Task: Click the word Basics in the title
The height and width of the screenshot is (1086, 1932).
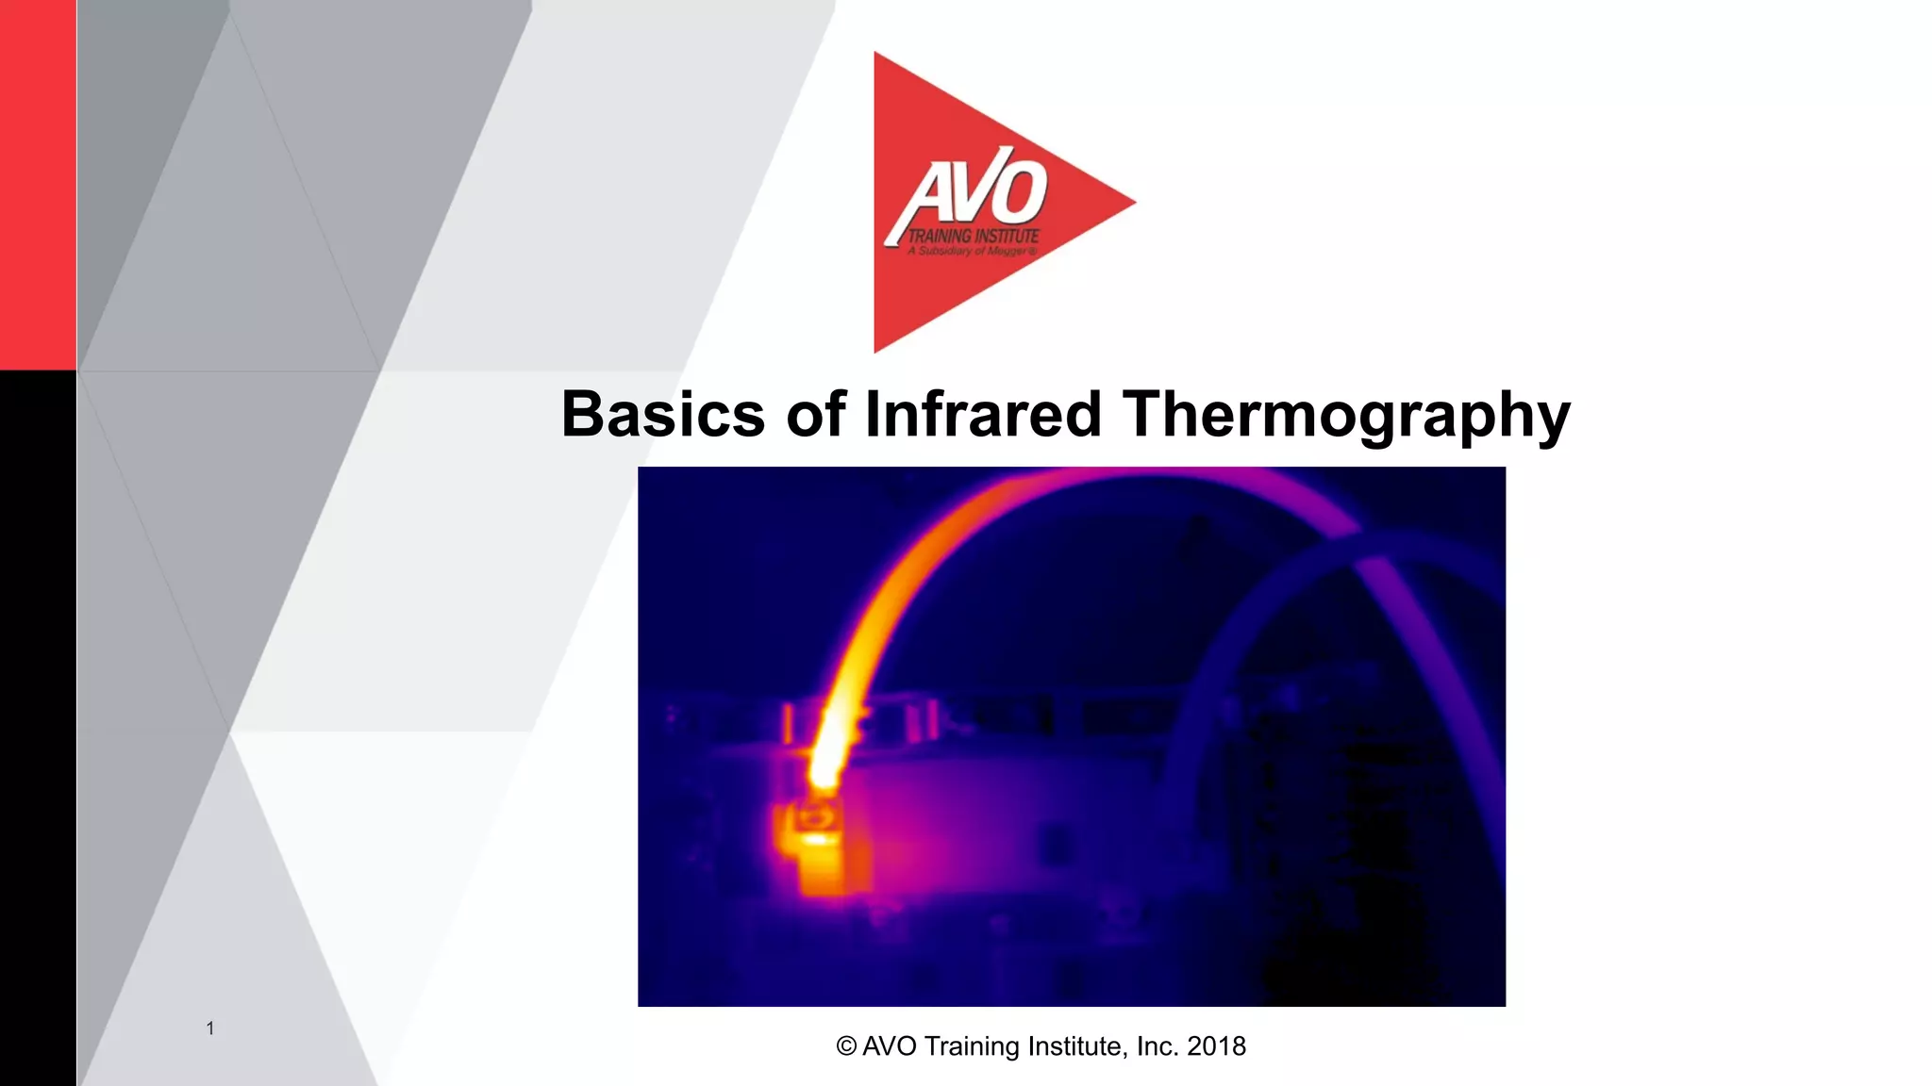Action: pyautogui.click(x=662, y=415)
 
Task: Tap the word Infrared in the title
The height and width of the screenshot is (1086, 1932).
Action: pyautogui.click(x=983, y=415)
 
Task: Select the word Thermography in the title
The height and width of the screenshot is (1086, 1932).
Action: pyautogui.click(x=1345, y=417)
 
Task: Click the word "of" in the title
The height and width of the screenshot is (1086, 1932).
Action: pyautogui.click(x=815, y=415)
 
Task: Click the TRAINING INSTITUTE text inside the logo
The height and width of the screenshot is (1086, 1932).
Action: pyautogui.click(x=972, y=236)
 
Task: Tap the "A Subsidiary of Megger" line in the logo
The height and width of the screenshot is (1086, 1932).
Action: pyautogui.click(x=972, y=252)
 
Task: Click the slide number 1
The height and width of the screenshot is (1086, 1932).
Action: pyautogui.click(x=210, y=1028)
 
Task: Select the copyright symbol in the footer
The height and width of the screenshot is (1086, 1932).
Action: pyautogui.click(x=846, y=1046)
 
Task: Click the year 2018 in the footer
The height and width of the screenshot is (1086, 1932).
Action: pyautogui.click(x=1216, y=1046)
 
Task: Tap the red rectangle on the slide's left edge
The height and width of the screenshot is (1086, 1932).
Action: pyautogui.click(x=38, y=184)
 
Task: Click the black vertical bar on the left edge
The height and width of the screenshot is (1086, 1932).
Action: pyautogui.click(x=38, y=726)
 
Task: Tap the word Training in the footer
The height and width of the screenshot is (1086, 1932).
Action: pyautogui.click(x=970, y=1046)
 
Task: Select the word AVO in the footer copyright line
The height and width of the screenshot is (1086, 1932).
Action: pyautogui.click(x=889, y=1046)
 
